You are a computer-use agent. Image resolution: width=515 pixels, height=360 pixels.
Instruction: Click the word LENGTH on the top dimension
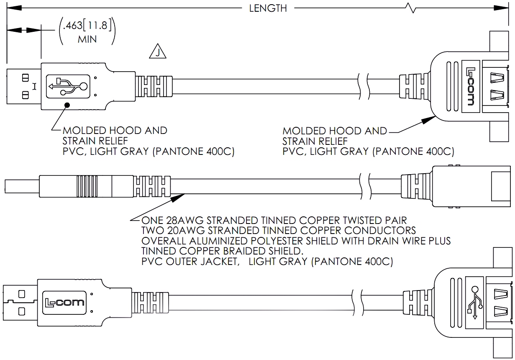(x=268, y=8)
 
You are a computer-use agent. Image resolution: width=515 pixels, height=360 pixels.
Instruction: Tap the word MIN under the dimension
(x=87, y=40)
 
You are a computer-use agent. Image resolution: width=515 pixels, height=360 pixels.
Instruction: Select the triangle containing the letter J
(x=157, y=52)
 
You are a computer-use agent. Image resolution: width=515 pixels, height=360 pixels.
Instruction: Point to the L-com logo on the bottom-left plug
(x=65, y=302)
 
